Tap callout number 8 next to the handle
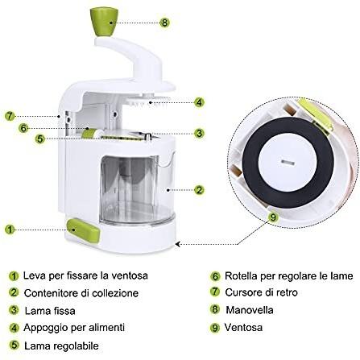tap(164, 23)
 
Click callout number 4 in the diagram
tap(199, 102)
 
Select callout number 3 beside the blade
tap(199, 133)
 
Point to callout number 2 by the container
tap(199, 190)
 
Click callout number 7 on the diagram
tap(10, 116)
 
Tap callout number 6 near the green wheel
tap(23, 128)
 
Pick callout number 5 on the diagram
tap(39, 139)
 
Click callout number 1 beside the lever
tap(10, 230)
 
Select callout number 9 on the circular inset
tap(273, 217)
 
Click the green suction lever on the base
tap(84, 230)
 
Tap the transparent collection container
tap(138, 190)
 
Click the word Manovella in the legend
tap(250, 310)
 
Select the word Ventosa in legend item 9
tap(243, 327)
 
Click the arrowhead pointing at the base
tap(177, 244)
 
